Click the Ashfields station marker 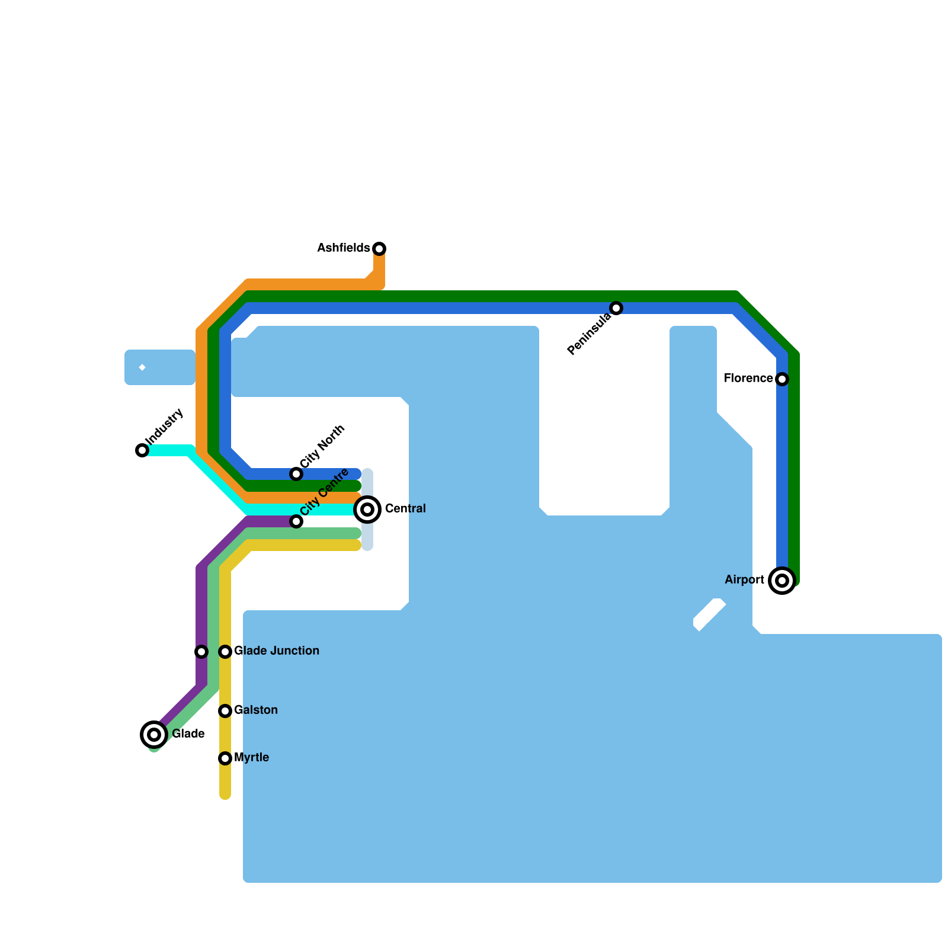(x=379, y=249)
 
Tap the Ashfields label (x=343, y=248)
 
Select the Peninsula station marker (x=616, y=308)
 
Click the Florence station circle (x=782, y=379)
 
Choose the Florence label (x=748, y=378)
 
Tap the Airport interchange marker (x=782, y=581)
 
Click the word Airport (x=744, y=579)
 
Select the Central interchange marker (x=367, y=510)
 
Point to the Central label (x=405, y=508)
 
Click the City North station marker (x=296, y=474)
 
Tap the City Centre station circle (x=296, y=521)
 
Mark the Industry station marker (x=142, y=450)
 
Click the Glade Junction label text (x=277, y=651)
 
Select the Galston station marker (x=225, y=711)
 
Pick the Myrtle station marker (x=225, y=758)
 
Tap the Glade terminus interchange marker (x=154, y=735)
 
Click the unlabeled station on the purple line (x=201, y=652)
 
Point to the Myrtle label (x=252, y=757)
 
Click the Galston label (x=256, y=710)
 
